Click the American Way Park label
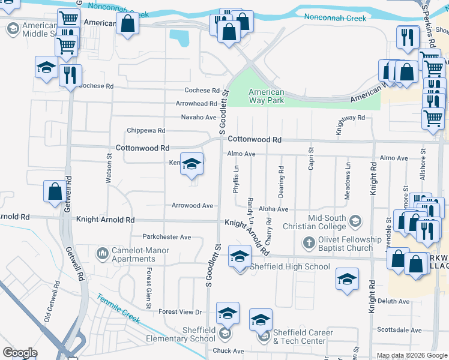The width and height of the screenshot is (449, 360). click(266, 96)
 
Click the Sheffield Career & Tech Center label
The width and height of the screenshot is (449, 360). click(299, 337)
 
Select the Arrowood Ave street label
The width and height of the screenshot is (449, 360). click(193, 206)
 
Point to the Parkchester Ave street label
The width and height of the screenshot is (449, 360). click(166, 237)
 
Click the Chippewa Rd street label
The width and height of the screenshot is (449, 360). click(145, 130)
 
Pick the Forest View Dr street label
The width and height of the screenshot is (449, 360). click(180, 312)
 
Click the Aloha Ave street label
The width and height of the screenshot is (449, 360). click(274, 209)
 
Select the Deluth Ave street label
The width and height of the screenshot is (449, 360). click(393, 301)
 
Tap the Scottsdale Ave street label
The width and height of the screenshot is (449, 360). click(399, 330)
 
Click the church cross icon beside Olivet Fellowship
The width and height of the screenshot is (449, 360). click(309, 243)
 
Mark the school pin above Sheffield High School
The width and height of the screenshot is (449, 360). click(240, 257)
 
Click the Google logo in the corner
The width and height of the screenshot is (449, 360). click(20, 353)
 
